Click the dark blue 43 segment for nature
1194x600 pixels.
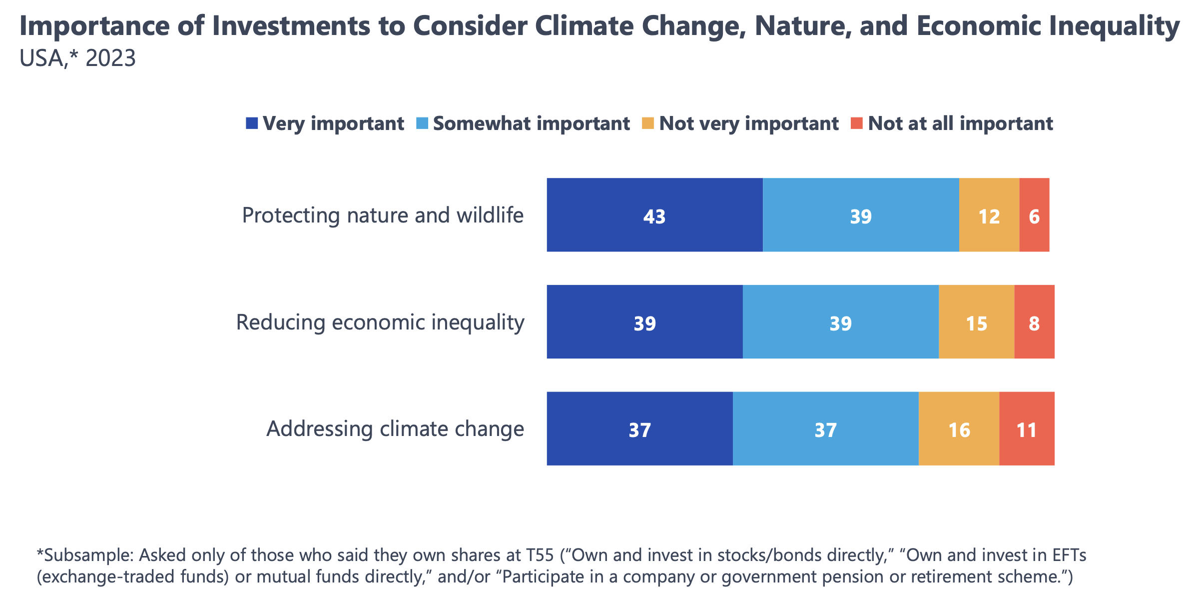[x=654, y=215]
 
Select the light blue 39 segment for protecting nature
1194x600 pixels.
[x=860, y=215]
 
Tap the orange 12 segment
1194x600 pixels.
[x=989, y=215]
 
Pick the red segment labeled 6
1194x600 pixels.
[x=1034, y=215]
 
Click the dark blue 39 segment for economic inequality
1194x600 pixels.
[x=644, y=322]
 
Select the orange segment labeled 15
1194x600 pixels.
[x=976, y=322]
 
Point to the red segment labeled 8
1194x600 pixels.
[x=1034, y=322]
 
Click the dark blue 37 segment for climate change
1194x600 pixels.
[x=639, y=429]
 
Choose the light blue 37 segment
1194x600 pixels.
[x=825, y=429]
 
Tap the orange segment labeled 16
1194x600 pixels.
[x=959, y=429]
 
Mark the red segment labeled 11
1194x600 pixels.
[x=1027, y=429]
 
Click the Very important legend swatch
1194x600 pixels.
[x=252, y=123]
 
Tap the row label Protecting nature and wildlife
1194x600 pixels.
[x=383, y=215]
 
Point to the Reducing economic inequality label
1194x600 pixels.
[x=380, y=322]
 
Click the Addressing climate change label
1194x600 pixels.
[x=395, y=429]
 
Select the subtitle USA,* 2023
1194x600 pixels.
[x=77, y=58]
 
